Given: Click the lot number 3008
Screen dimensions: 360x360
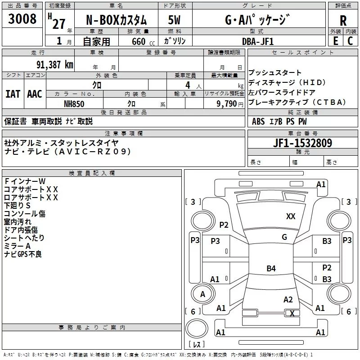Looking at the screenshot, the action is [22, 18].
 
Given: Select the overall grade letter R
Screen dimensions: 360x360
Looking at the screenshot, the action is [343, 21].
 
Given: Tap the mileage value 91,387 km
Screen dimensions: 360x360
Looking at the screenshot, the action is [54, 65].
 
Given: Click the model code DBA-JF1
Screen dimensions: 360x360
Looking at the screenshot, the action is [258, 41].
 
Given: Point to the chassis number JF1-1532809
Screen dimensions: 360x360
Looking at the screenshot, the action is [302, 143].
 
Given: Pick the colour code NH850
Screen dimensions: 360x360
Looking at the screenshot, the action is [74, 104].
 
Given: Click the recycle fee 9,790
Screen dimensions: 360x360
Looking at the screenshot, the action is [227, 103].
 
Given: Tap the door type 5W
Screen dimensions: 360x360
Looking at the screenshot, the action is [174, 20].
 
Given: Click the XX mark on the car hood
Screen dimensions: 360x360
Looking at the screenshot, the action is [291, 216].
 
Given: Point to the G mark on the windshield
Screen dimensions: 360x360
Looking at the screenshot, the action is [284, 237].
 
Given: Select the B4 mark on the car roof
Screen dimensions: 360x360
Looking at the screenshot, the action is [271, 268].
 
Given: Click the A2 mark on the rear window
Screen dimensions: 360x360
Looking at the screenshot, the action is [288, 300].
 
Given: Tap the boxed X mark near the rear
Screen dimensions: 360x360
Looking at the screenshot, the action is [292, 313].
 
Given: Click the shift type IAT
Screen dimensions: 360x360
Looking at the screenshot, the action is [13, 94].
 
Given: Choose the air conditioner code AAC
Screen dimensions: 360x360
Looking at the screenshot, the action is [35, 94].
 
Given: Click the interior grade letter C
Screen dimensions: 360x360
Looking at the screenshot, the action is [350, 41].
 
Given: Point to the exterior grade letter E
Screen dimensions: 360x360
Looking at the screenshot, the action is [335, 41].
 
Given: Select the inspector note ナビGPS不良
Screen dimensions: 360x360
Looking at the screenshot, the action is [23, 254].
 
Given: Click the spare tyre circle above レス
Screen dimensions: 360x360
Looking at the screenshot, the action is [197, 328].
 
